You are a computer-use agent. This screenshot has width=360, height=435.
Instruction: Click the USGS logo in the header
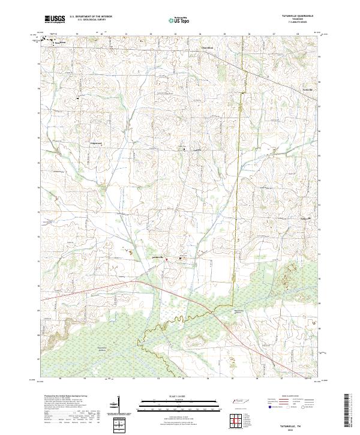[56, 19]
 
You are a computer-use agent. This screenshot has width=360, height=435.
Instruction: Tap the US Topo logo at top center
[180, 19]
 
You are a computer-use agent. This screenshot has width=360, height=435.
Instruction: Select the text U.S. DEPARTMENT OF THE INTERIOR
[91, 16]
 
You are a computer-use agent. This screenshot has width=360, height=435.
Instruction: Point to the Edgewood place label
[97, 144]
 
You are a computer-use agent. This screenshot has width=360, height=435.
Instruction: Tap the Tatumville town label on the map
[155, 258]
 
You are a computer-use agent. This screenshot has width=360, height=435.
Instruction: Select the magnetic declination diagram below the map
[114, 405]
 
